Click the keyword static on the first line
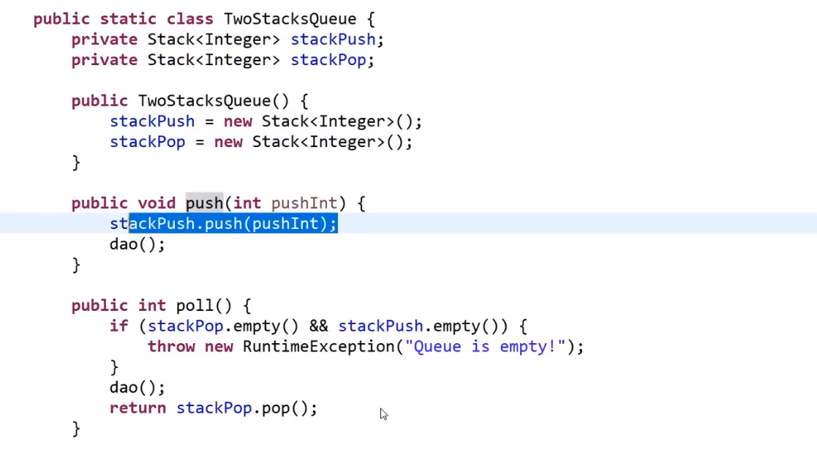pos(128,19)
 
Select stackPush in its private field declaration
pos(333,40)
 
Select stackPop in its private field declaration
pos(328,60)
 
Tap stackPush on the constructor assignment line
pos(152,121)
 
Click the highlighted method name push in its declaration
pos(204,203)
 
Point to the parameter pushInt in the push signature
pos(304,203)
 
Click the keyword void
pos(157,203)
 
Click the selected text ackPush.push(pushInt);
pos(233,224)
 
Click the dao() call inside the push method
pos(137,244)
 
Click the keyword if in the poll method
pos(118,326)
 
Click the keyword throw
pos(171,347)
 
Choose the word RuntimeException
pos(319,347)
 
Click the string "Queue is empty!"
pos(485,347)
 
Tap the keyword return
pos(138,408)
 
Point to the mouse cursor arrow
pos(383,413)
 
